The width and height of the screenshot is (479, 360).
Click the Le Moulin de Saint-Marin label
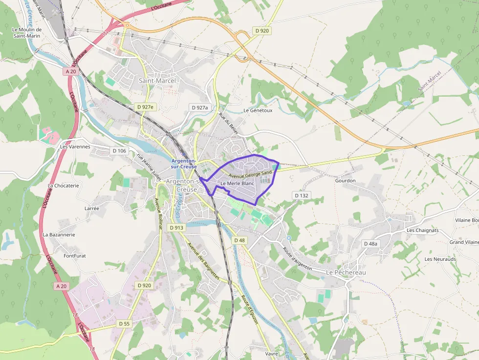pyautogui.click(x=27, y=32)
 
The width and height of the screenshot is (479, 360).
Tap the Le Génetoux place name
pyautogui.click(x=258, y=110)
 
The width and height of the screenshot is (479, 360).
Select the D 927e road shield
pyautogui.click(x=145, y=107)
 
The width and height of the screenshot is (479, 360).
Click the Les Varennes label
pyautogui.click(x=75, y=147)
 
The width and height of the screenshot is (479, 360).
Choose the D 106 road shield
pyautogui.click(x=119, y=151)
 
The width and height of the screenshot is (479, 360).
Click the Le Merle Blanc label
pyautogui.click(x=238, y=183)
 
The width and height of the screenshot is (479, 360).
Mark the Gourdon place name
pyautogui.click(x=345, y=181)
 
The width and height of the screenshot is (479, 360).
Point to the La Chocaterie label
pyautogui.click(x=64, y=186)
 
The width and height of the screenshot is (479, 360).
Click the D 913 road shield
pyautogui.click(x=176, y=228)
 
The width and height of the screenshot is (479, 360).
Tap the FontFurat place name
pyautogui.click(x=75, y=255)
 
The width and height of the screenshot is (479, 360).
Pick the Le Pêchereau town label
pyautogui.click(x=346, y=272)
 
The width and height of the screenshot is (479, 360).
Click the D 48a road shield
pyautogui.click(x=371, y=243)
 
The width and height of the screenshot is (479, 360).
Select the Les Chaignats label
pyautogui.click(x=423, y=231)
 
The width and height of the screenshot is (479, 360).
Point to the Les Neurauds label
pyautogui.click(x=440, y=259)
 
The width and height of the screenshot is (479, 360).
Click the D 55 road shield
pyautogui.click(x=124, y=324)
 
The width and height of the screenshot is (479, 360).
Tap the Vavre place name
pyautogui.click(x=271, y=353)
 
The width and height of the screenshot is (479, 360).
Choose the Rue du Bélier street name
pyautogui.click(x=229, y=124)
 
